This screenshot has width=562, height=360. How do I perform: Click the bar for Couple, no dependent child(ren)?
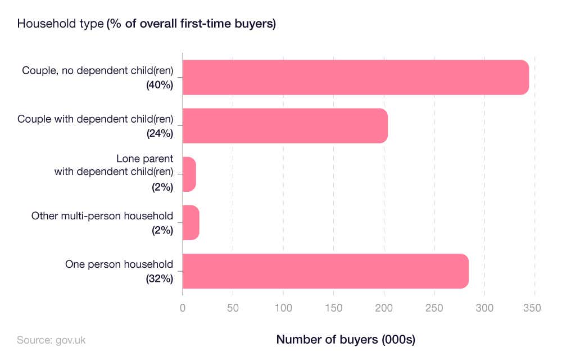355,77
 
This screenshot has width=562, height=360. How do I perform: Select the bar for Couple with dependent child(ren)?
285,125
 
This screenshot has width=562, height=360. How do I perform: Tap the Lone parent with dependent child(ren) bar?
189,174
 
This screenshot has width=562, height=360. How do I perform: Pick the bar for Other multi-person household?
191,223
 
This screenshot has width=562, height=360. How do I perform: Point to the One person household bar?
325,271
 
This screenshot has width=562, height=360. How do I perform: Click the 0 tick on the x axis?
183,308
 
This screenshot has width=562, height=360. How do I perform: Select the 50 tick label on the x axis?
233,308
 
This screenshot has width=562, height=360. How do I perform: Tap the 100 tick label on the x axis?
283,308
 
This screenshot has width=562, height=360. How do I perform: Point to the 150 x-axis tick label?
333,308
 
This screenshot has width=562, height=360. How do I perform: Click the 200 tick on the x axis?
384,308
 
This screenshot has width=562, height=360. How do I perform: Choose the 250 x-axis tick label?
434,308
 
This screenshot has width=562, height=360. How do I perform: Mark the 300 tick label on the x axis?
484,308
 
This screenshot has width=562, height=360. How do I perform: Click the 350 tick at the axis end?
532,308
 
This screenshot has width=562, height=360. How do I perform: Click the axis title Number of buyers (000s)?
346,340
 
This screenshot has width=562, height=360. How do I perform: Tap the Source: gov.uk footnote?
51,340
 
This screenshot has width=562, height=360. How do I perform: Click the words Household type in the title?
61,24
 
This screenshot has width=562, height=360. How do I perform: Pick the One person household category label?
119,264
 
